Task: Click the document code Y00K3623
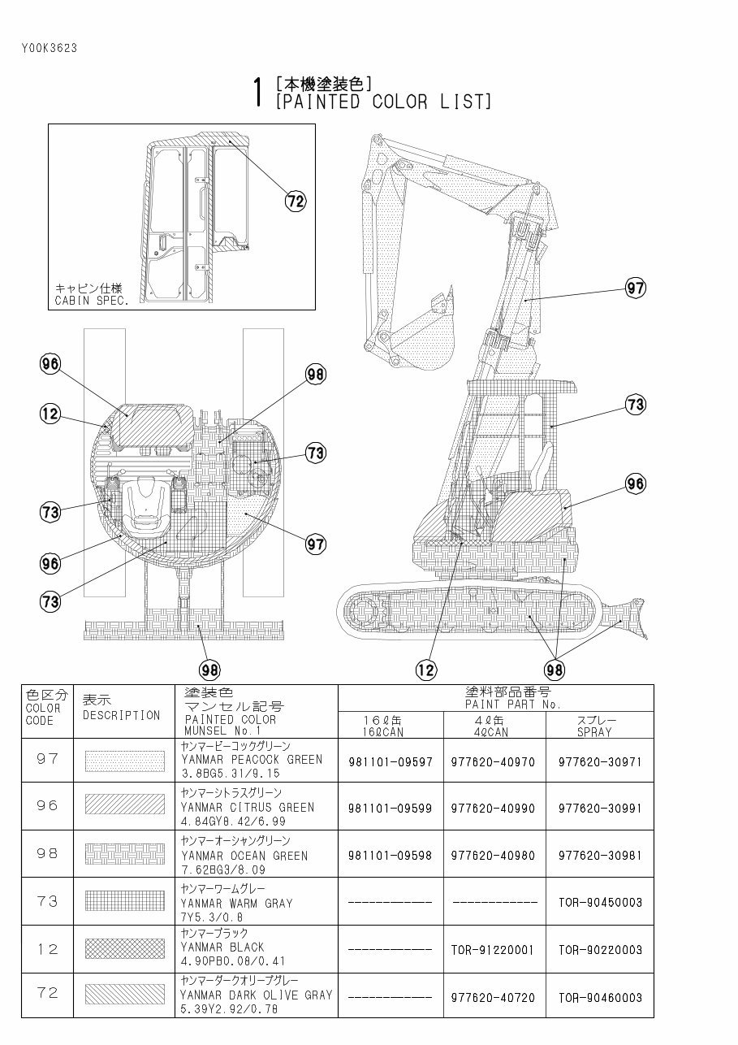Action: point(50,47)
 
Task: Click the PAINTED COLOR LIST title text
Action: point(383,102)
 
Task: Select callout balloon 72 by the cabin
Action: point(296,201)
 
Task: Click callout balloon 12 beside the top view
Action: point(50,414)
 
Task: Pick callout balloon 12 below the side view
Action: point(425,669)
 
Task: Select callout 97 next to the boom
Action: point(635,287)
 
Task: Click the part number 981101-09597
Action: point(390,761)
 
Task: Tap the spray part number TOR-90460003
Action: point(600,997)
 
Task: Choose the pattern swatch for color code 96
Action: point(124,805)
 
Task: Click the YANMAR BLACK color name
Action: point(222,947)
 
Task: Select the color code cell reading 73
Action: point(48,900)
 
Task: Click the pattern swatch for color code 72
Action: point(124,995)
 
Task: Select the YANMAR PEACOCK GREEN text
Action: point(252,760)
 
